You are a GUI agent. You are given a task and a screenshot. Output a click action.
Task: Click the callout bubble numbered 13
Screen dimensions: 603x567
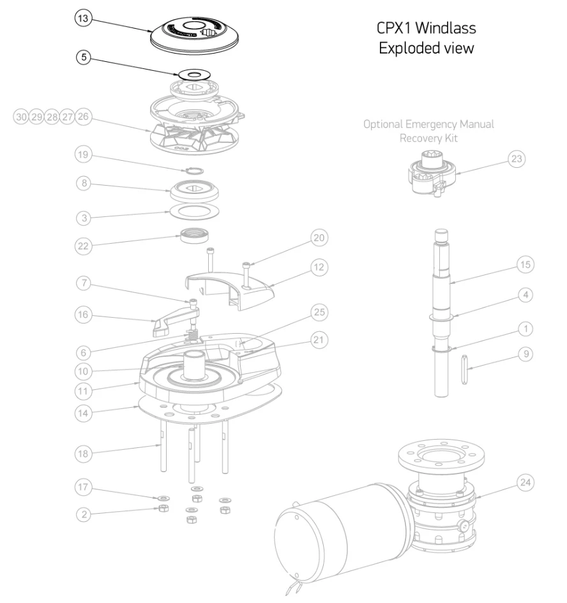(x=83, y=19)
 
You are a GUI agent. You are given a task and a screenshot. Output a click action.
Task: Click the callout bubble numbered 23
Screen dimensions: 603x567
(x=517, y=159)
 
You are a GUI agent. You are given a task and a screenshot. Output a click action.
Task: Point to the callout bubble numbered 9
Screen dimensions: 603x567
(x=524, y=354)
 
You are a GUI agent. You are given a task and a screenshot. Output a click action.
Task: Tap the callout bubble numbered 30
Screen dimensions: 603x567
(x=22, y=117)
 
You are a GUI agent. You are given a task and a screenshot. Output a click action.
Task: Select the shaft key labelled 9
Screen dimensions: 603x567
(x=463, y=370)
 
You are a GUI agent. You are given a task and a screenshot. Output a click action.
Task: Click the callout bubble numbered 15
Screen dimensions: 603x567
(x=525, y=264)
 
